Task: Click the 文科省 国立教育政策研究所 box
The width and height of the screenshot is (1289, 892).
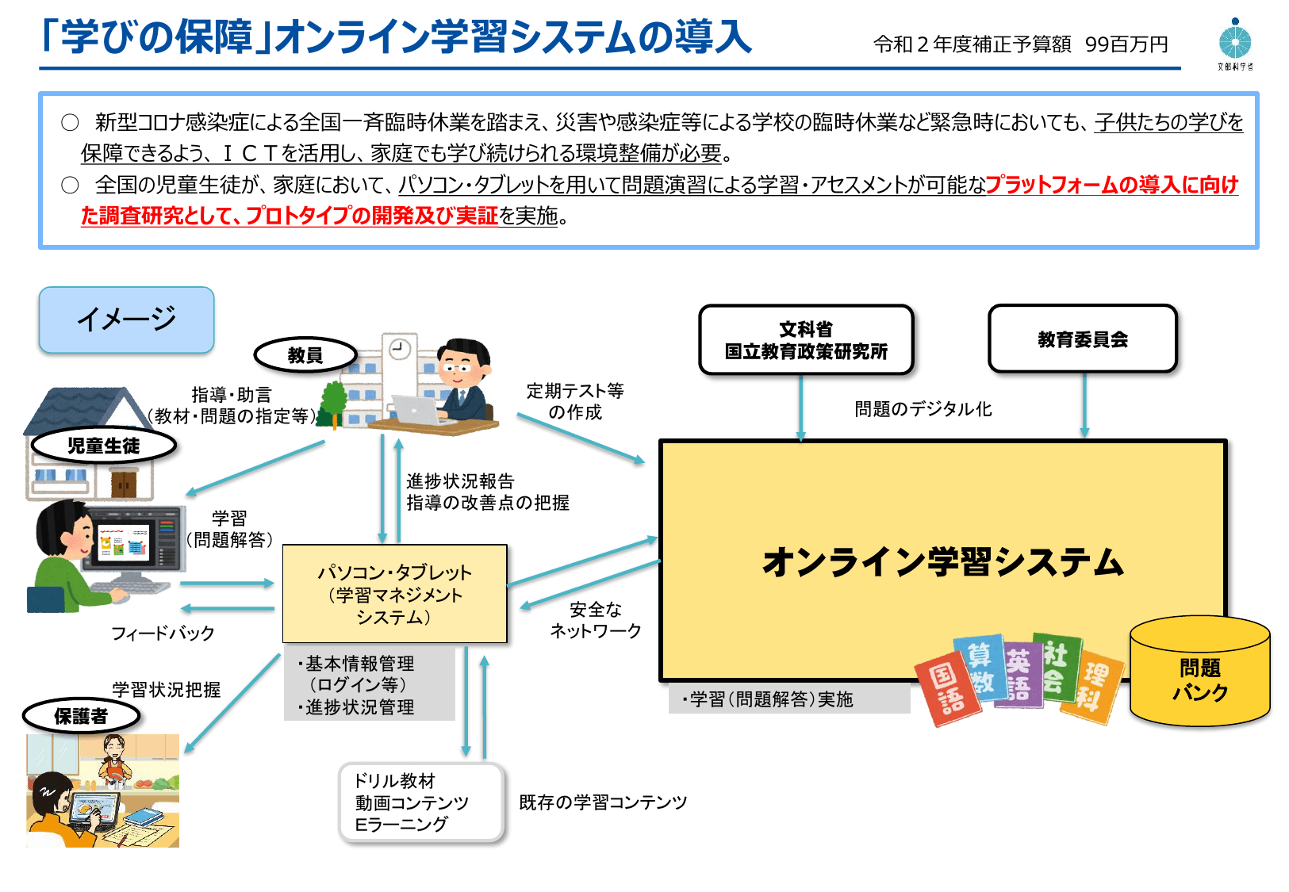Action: [x=806, y=340]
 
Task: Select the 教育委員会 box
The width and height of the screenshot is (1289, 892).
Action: [x=1083, y=339]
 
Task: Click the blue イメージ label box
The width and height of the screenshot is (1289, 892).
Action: [x=127, y=320]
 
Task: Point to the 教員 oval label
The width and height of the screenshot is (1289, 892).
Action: [x=305, y=355]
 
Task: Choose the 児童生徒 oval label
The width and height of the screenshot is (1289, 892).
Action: [x=103, y=446]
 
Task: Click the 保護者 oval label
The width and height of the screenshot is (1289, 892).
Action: [x=81, y=716]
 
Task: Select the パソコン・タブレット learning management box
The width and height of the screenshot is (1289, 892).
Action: [x=394, y=594]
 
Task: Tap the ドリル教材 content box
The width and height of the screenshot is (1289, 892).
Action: [x=421, y=802]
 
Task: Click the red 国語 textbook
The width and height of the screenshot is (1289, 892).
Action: [x=947, y=687]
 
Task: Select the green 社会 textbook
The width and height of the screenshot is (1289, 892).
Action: [x=1056, y=666]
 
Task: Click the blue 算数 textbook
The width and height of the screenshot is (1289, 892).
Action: [x=980, y=666]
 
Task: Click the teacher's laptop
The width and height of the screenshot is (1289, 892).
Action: [x=416, y=410]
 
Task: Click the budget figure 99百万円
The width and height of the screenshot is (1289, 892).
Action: [x=1126, y=45]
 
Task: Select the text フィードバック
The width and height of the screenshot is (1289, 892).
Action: [x=163, y=634]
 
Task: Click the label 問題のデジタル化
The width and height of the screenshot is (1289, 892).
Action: [x=923, y=409]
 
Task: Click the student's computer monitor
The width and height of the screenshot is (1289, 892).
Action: [x=135, y=540]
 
